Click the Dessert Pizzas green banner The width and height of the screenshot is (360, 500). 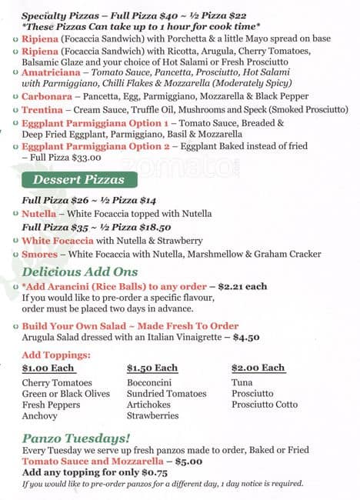pos(79,180)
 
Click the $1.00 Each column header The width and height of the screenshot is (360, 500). pos(48,368)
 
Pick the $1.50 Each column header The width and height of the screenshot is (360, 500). pos(152,368)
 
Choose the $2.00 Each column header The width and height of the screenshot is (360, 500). pos(258,368)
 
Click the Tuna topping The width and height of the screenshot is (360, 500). pos(242,382)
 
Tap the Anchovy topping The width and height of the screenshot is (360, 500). pos(40,416)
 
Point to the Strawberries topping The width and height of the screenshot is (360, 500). pos(152,416)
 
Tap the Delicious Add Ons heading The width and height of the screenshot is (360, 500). pos(80,272)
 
